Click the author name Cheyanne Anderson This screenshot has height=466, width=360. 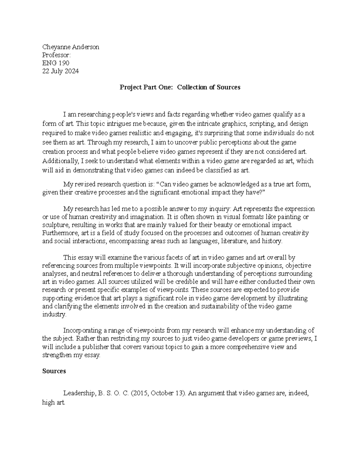click(70, 47)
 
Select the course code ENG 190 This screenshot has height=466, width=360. click(55, 63)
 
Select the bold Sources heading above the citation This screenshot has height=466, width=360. click(54, 371)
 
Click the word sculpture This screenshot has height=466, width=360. click(55, 225)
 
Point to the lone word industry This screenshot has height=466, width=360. click(53, 314)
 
